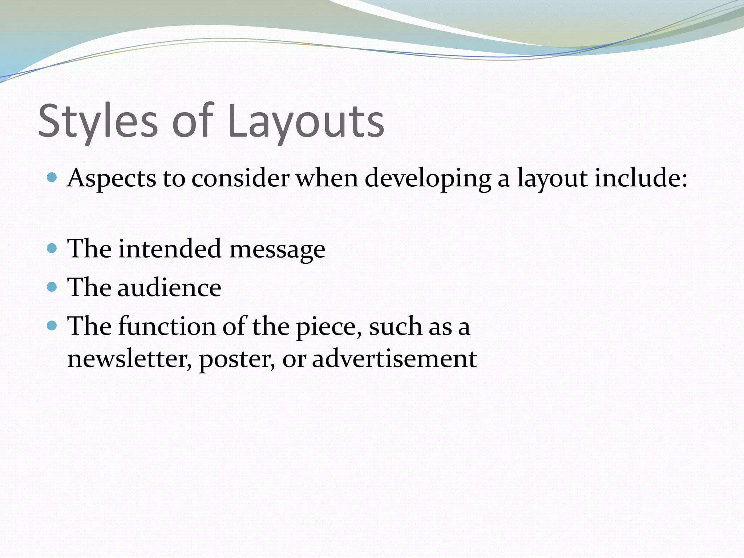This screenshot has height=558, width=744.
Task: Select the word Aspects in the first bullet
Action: (x=112, y=179)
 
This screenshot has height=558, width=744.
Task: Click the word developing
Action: (x=428, y=179)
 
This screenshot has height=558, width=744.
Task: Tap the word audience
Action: (x=169, y=287)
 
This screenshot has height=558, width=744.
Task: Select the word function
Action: (x=167, y=326)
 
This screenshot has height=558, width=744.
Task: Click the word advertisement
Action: (x=394, y=359)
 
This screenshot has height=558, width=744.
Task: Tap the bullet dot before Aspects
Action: (x=52, y=178)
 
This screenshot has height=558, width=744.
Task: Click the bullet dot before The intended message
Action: (x=52, y=248)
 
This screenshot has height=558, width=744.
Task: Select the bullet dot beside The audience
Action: (x=52, y=287)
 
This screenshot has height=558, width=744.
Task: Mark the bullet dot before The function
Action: (x=52, y=325)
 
